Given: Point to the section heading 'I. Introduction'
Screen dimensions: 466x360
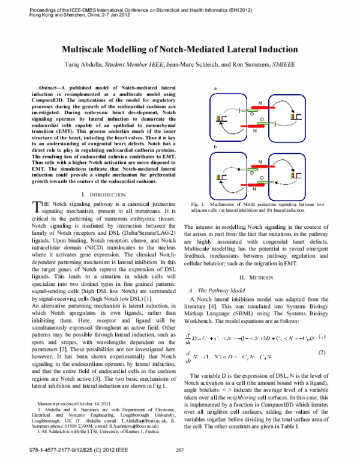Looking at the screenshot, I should tap(103, 195).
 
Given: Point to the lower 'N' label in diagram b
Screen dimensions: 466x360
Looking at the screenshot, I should tap(254, 188).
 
